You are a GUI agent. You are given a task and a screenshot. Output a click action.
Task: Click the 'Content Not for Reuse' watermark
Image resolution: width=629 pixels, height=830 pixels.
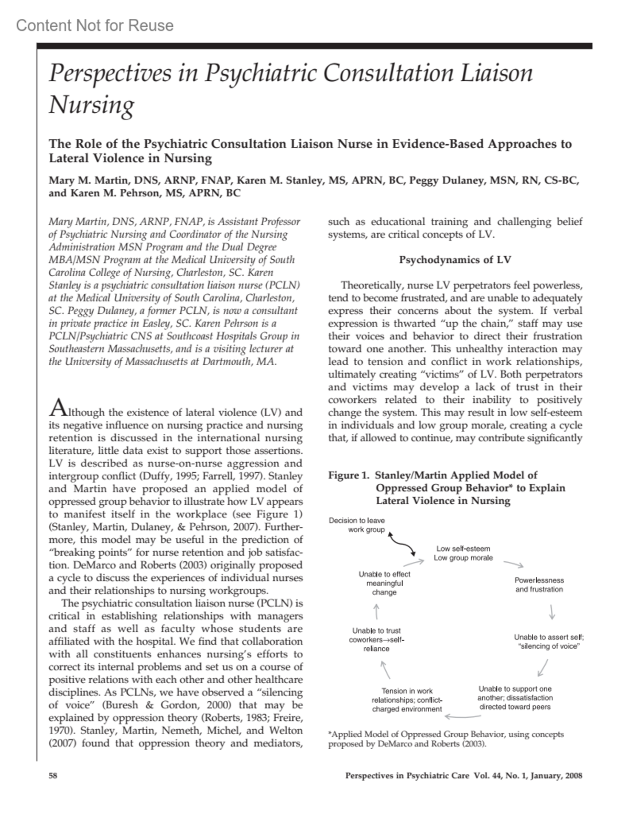click(x=95, y=25)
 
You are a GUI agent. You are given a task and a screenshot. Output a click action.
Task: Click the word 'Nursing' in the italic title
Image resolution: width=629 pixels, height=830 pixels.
click(x=92, y=105)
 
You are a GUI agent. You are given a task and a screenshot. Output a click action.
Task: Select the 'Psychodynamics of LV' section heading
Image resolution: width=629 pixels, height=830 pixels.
click(x=455, y=260)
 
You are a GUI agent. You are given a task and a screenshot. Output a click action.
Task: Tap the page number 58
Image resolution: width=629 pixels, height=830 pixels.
click(x=53, y=776)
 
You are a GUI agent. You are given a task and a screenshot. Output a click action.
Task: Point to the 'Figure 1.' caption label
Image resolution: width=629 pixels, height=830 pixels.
click(x=349, y=475)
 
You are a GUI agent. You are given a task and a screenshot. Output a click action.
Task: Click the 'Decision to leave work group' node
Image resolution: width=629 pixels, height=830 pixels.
click(x=357, y=525)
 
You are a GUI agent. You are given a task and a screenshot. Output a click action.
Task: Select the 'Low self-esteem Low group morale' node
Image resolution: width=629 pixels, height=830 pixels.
click(x=463, y=554)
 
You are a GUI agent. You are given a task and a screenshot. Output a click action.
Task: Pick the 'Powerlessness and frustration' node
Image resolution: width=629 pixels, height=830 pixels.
click(x=539, y=585)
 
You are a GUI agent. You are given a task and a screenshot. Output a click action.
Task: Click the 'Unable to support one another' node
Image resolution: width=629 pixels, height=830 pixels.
click(x=515, y=698)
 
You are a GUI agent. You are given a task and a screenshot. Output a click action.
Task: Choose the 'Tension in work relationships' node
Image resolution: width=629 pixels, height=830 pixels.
click(x=407, y=700)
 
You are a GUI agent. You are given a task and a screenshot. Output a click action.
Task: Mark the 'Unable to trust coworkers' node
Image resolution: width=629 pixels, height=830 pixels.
click(x=377, y=640)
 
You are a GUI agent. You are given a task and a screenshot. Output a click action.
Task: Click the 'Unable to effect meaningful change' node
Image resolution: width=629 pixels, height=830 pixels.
click(x=384, y=583)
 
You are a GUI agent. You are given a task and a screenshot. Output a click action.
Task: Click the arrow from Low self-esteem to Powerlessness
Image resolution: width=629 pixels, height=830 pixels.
click(x=514, y=565)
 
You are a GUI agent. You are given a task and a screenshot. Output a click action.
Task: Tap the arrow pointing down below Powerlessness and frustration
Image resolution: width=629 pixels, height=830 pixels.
click(x=552, y=612)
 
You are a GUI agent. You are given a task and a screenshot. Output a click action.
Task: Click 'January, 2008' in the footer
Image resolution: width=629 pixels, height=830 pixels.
click(x=556, y=776)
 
